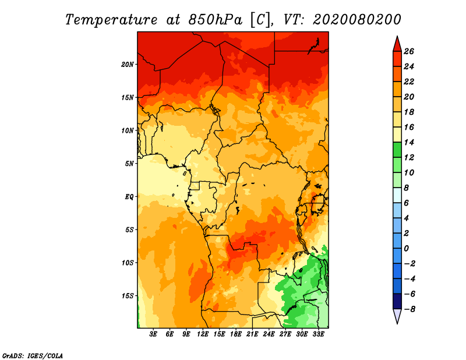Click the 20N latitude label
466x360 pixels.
[127, 65]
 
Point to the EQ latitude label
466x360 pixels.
[129, 197]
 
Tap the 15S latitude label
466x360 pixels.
[127, 296]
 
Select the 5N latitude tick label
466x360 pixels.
[129, 164]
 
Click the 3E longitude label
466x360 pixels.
[153, 334]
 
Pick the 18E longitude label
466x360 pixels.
[236, 334]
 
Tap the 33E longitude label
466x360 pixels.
[318, 334]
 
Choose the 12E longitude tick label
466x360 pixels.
[203, 334]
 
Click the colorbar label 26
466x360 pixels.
[409, 51]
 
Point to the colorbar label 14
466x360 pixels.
[409, 142]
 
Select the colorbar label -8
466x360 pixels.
[409, 309]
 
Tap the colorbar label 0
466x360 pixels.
[406, 249]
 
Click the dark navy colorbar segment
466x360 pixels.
[397, 301]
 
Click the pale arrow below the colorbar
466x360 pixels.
[397, 316]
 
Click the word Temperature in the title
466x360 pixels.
[111, 20]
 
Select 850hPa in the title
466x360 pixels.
[216, 20]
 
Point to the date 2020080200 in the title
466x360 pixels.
[357, 20]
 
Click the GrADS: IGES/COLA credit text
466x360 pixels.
[33, 356]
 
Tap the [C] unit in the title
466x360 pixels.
[260, 20]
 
